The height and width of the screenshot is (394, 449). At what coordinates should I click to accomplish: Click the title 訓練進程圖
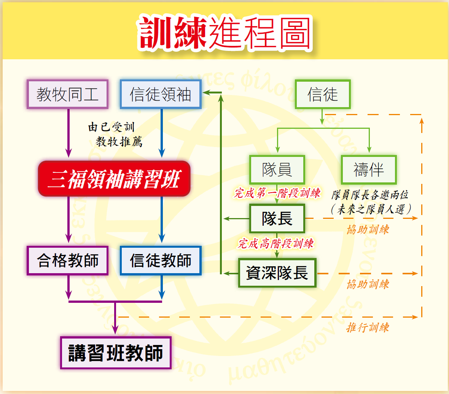pyautogui.click(x=225, y=33)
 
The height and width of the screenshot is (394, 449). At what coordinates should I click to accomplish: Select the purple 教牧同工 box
pyautogui.click(x=67, y=94)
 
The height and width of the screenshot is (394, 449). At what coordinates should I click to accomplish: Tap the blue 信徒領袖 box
pyautogui.click(x=161, y=94)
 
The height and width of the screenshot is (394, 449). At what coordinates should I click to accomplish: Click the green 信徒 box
pyautogui.click(x=323, y=94)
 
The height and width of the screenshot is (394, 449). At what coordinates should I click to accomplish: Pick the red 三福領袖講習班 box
pyautogui.click(x=114, y=179)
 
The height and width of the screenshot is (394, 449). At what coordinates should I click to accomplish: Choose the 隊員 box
pyautogui.click(x=277, y=169)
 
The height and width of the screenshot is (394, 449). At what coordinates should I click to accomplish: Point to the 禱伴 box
pyautogui.click(x=369, y=169)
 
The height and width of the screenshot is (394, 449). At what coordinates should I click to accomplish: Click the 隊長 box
pyautogui.click(x=277, y=218)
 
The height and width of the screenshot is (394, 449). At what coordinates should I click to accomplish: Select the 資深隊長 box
pyautogui.click(x=277, y=273)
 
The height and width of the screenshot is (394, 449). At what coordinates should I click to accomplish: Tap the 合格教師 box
pyautogui.click(x=67, y=261)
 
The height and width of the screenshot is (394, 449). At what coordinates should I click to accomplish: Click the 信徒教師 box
pyautogui.click(x=161, y=261)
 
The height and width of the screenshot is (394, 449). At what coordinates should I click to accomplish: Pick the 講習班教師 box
pyautogui.click(x=116, y=353)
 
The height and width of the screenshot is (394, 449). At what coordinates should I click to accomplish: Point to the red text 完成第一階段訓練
pyautogui.click(x=277, y=193)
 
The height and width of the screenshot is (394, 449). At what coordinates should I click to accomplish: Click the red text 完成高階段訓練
pyautogui.click(x=275, y=244)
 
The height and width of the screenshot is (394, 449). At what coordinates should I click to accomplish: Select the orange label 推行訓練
pyautogui.click(x=368, y=328)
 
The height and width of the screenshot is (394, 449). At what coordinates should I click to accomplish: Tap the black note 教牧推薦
pyautogui.click(x=119, y=142)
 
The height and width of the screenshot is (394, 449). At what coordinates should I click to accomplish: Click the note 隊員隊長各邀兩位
pyautogui.click(x=370, y=195)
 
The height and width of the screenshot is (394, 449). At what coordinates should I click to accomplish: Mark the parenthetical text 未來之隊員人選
pyautogui.click(x=371, y=209)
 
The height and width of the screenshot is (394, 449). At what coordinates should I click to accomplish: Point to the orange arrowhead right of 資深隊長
pyautogui.click(x=415, y=273)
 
